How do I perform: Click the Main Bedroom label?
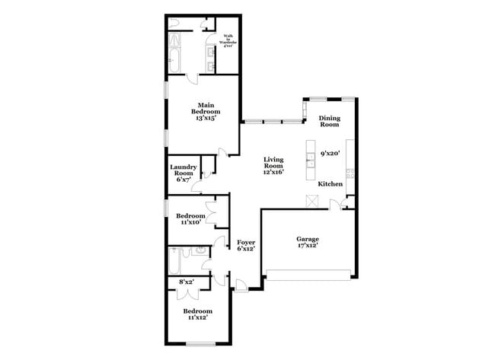click(x=204, y=111)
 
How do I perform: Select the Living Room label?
click(x=273, y=166)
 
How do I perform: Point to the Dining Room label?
click(x=330, y=122)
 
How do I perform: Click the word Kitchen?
click(x=330, y=184)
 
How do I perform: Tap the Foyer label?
click(x=245, y=245)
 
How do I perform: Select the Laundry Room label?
click(x=184, y=173)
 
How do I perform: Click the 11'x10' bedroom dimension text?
click(x=191, y=222)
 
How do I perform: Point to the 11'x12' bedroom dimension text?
click(x=197, y=317)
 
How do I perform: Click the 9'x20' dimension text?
click(x=329, y=153)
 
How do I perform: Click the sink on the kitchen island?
click(x=311, y=159)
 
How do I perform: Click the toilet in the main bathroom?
click(x=174, y=23)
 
